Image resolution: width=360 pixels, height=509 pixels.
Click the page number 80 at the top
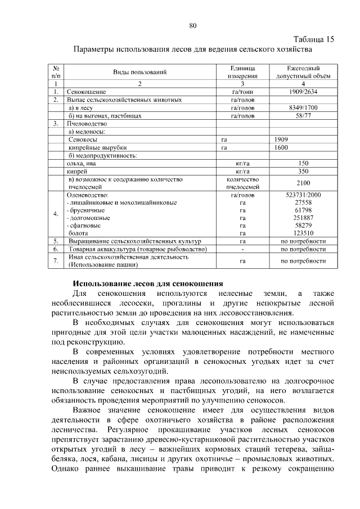click(193, 25)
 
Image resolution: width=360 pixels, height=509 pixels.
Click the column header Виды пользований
click(140, 72)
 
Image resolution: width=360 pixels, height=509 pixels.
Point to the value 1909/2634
click(303, 91)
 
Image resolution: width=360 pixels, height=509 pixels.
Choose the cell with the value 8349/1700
click(303, 107)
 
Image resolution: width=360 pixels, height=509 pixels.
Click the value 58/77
click(303, 116)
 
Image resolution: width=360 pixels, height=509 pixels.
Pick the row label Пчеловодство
click(87, 123)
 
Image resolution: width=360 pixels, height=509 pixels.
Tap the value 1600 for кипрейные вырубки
click(282, 147)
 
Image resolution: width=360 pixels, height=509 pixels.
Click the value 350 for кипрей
click(303, 171)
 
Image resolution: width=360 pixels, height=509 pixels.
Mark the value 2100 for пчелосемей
click(303, 183)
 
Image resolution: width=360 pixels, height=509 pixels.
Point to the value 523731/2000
click(303, 194)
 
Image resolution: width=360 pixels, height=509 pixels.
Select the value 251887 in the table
click(303, 217)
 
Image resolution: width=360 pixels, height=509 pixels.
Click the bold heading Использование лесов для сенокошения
click(148, 283)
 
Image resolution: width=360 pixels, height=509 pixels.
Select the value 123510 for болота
click(303, 232)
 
